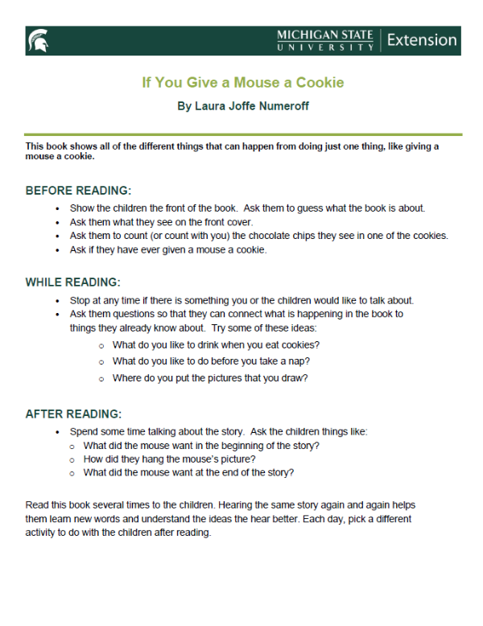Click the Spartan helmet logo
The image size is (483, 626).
[37, 39]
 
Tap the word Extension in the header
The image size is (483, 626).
[421, 39]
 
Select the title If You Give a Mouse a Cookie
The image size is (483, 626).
[243, 82]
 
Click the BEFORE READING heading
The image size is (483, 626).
[78, 191]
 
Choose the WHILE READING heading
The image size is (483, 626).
[72, 282]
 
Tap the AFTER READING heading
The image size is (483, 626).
[72, 414]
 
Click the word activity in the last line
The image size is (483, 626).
[45, 533]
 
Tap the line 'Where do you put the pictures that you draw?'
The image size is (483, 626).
[210, 378]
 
